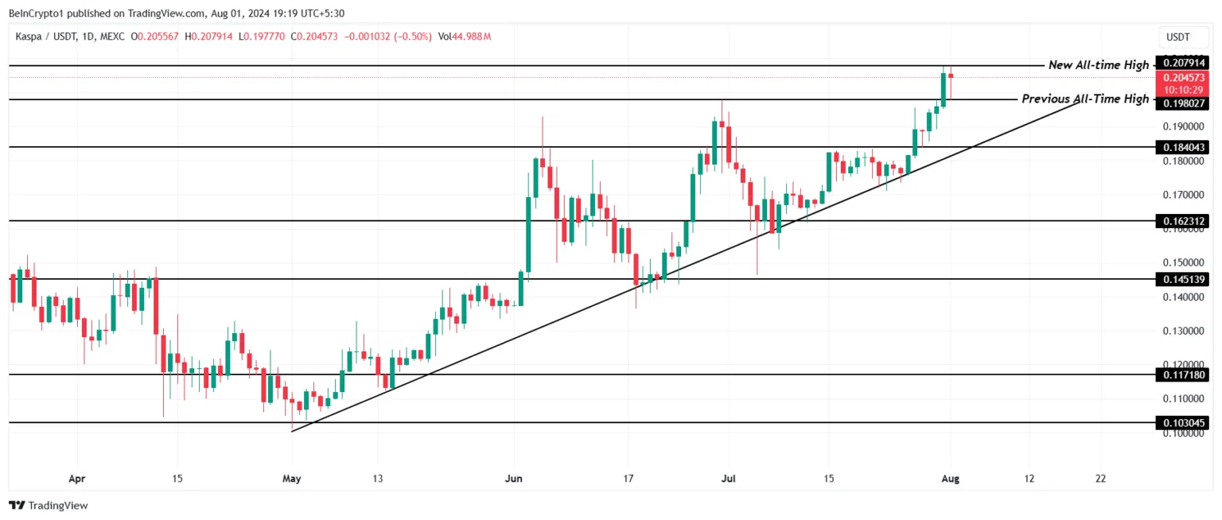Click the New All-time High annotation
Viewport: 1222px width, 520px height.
pos(1098,65)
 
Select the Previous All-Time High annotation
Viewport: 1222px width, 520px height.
pos(1085,99)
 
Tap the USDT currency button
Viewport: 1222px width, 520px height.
pos(1177,37)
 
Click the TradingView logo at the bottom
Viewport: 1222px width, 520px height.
pos(49,505)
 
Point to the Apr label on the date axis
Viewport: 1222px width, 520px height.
pos(77,479)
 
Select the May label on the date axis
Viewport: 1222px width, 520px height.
pos(292,479)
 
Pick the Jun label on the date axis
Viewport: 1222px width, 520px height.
pos(514,479)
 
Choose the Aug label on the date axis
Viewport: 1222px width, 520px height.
pos(949,479)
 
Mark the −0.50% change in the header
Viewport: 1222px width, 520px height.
pos(414,37)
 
